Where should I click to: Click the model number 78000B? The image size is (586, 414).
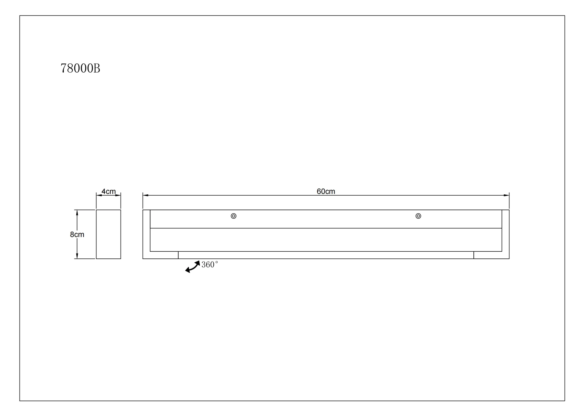[80, 68]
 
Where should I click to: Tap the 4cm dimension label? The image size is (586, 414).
[109, 191]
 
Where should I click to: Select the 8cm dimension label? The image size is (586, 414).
[77, 234]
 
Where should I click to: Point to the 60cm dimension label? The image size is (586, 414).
[326, 191]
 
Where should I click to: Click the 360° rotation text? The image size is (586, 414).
[210, 265]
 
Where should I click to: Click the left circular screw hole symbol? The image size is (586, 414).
[233, 216]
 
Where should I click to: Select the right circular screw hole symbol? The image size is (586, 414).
[418, 216]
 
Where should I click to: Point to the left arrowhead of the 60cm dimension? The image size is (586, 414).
[145, 195]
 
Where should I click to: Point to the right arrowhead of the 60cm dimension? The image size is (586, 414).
[506, 195]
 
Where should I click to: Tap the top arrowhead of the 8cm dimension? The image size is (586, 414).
[77, 212]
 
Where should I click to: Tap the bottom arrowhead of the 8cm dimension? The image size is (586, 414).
[77, 256]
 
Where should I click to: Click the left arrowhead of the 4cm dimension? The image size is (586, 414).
[99, 195]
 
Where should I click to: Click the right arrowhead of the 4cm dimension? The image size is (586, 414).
[118, 195]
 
